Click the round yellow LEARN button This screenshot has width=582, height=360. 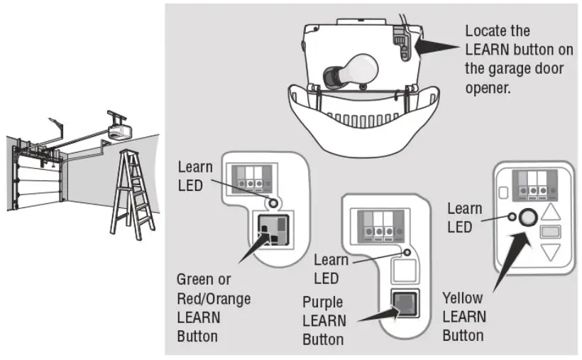(527, 217)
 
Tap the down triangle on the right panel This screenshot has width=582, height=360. (551, 252)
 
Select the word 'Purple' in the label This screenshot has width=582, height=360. (324, 302)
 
